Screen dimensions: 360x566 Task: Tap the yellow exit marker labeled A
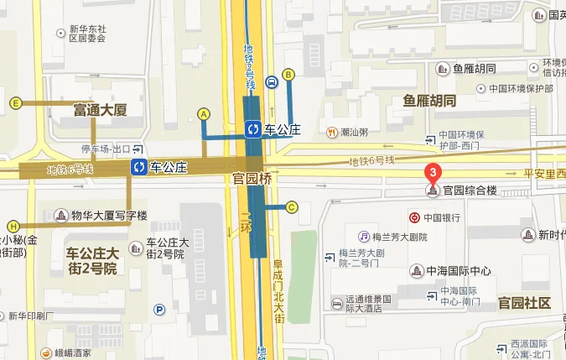coord(203,113)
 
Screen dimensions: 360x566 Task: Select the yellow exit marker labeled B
coord(288,75)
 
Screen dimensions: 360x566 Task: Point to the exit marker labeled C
coord(292,207)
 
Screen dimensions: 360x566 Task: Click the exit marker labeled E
coord(15,103)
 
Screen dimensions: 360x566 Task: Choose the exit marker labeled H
coord(13,226)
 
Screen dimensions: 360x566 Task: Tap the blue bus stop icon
coord(272,83)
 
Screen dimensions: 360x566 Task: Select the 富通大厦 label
coord(100,110)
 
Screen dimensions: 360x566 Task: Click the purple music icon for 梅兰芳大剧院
coord(364,237)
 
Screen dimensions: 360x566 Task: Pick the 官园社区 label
coord(523,303)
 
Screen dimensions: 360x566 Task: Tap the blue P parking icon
coord(159,310)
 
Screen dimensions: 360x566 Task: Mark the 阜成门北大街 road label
coord(279,290)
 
